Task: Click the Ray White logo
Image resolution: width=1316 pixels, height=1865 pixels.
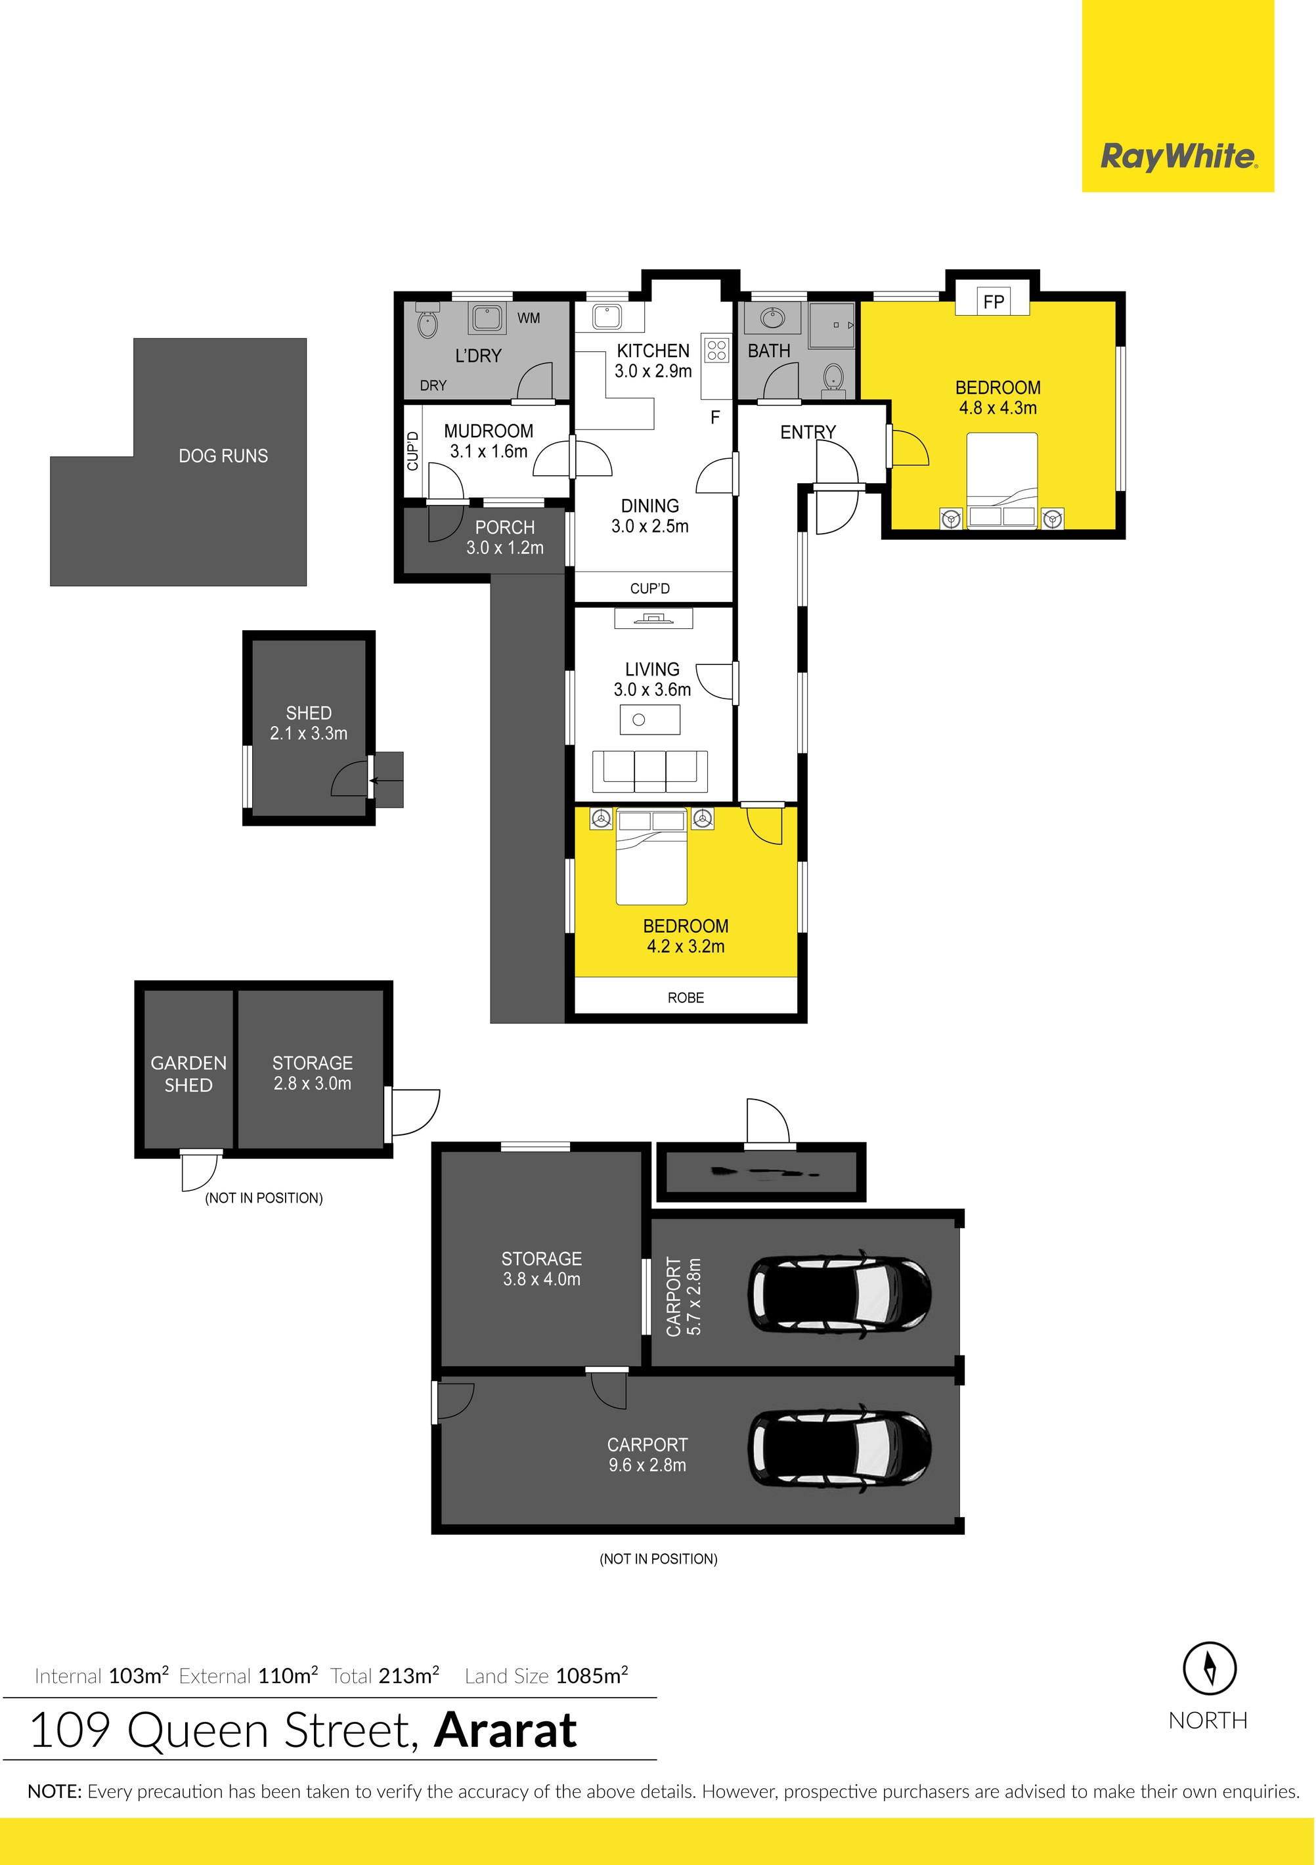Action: [x=1178, y=156]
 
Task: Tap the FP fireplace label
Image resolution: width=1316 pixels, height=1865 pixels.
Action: [x=994, y=302]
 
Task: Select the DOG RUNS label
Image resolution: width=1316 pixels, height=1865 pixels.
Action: [x=223, y=456]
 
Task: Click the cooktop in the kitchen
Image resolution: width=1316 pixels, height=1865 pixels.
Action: [x=716, y=350]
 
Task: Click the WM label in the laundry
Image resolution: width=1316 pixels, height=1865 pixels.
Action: [x=529, y=318]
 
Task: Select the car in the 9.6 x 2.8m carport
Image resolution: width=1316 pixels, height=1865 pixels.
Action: [x=839, y=1448]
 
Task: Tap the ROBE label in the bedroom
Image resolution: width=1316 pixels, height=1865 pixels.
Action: [x=686, y=997]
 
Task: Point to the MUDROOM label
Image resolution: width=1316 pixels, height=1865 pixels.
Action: [x=488, y=431]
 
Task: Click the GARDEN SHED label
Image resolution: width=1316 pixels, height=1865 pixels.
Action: [x=188, y=1074]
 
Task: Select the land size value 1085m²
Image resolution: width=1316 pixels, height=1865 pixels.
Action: [x=592, y=1676]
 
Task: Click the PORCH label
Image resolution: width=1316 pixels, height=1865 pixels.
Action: [x=504, y=528]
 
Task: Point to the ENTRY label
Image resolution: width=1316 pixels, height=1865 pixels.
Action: [x=808, y=432]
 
